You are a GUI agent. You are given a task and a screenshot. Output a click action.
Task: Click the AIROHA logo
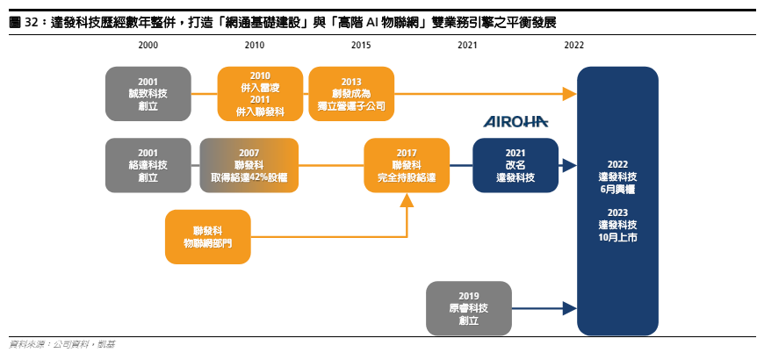pos(515,121)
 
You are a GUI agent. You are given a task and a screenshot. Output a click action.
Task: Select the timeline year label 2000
pos(148,46)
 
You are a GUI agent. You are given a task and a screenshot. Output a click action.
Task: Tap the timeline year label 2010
pos(255,46)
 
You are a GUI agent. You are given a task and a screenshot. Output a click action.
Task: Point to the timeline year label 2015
pos(361,46)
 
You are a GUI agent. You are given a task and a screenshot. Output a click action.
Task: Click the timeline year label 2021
pos(467,46)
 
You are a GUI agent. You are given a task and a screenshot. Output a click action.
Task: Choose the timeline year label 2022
pos(573,46)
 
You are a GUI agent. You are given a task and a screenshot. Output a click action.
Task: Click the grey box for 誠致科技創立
pos(148,94)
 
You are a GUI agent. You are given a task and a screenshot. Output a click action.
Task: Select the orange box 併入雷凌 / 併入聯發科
pos(260,94)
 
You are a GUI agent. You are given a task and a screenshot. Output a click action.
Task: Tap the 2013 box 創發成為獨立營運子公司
pos(351,94)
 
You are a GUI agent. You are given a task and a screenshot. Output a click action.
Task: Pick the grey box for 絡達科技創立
pos(148,166)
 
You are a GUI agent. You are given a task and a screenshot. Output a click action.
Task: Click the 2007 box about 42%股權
pos(249,166)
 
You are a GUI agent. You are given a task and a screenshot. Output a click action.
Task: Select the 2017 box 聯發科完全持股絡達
pos(407,166)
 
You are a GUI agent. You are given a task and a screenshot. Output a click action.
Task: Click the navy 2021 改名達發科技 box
pos(515,166)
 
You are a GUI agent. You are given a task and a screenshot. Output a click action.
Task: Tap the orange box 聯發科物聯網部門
pos(208,237)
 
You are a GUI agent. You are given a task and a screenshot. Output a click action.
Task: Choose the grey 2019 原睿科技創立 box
pos(469,308)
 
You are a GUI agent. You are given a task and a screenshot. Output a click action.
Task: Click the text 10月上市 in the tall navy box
pos(617,237)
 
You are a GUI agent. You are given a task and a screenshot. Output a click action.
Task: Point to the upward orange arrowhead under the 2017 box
pos(407,200)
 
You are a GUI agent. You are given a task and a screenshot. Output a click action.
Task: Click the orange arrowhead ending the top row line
pos(570,94)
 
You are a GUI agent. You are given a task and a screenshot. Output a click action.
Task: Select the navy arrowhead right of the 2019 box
pos(570,308)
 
